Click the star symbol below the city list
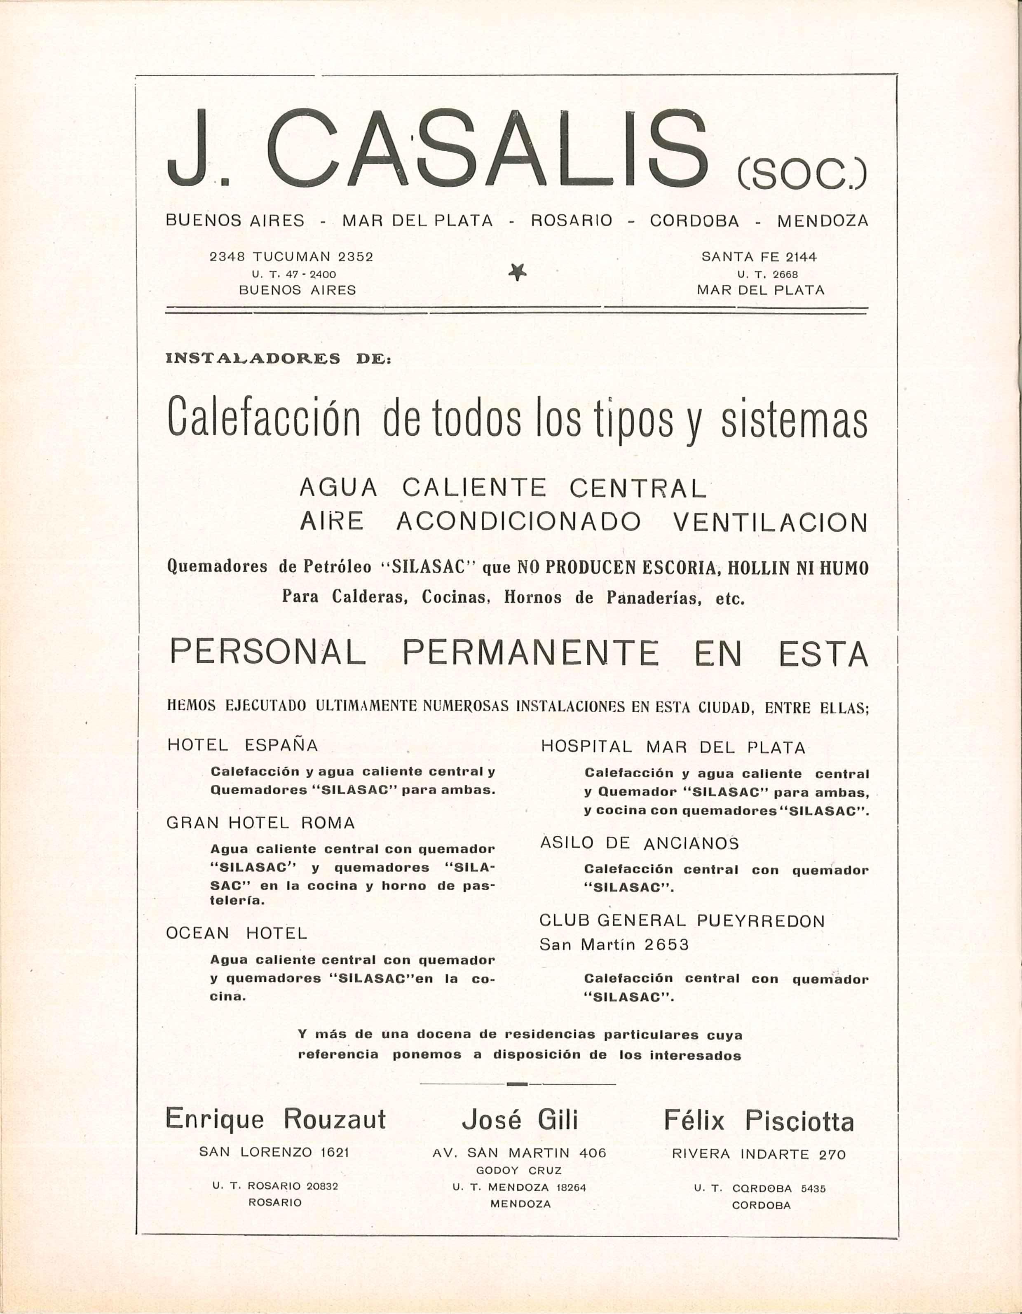517,273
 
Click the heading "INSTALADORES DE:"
279,359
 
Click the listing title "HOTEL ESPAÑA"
242,746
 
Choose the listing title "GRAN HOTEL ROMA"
260,823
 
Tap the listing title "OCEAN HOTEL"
237,933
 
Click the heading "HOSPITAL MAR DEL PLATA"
673,748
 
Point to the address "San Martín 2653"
614,945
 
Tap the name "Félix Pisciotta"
759,1121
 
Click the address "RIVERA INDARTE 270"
759,1154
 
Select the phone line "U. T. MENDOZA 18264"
519,1187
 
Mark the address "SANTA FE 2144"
759,257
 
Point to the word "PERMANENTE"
530,653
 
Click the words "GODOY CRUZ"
519,1171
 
